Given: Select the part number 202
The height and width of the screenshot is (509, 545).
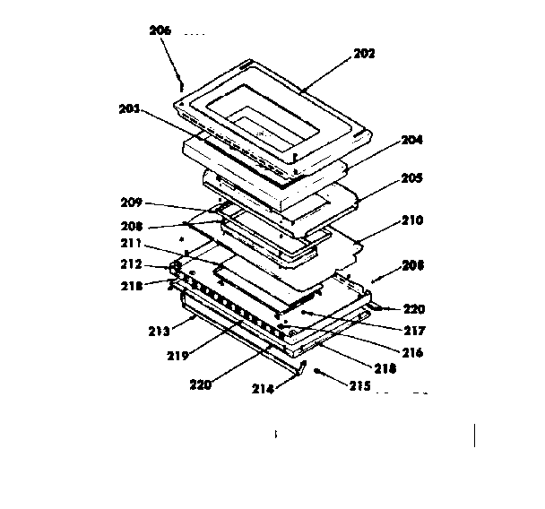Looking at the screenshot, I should [364, 53].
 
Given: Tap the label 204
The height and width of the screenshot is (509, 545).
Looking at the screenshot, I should [411, 140].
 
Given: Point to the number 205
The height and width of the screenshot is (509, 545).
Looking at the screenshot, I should [411, 178].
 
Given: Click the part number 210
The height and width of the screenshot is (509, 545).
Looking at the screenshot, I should [411, 220].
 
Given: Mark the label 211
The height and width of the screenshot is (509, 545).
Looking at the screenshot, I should [133, 243].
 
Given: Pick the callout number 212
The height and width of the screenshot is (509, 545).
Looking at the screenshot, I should [133, 264].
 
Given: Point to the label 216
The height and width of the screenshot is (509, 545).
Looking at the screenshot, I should [412, 353].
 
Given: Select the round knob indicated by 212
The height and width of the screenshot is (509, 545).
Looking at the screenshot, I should [176, 266].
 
